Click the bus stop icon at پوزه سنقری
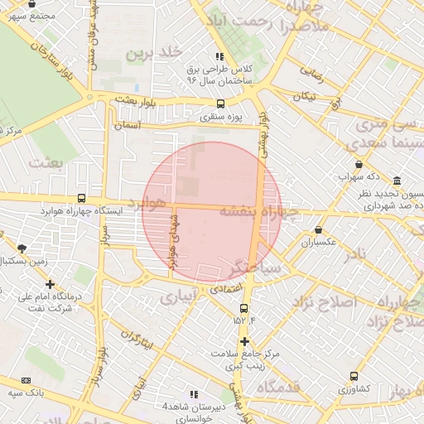click(220, 104)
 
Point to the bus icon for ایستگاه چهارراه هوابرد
click(81, 198)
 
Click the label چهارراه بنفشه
click(258, 211)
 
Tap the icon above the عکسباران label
click(319, 230)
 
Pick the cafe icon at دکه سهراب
click(358, 165)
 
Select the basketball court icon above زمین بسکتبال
click(22, 248)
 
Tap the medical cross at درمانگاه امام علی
click(50, 284)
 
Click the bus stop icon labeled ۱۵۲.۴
click(243, 308)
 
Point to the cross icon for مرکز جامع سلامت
click(243, 341)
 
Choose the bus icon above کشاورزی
click(354, 376)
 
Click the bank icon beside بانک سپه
click(26, 380)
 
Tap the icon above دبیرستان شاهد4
click(195, 394)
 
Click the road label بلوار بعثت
click(136, 100)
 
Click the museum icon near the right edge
click(398, 181)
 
